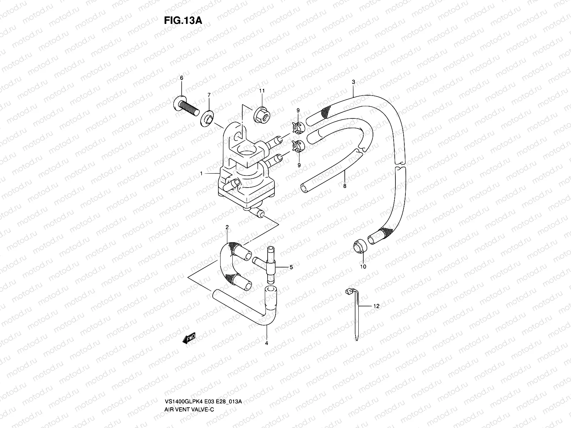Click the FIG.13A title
pos(183,20)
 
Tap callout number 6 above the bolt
pos(181,78)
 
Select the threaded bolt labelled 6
pos(186,106)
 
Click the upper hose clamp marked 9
pos(299,126)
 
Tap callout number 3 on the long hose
pos(353,82)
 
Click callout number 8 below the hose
pos(345,185)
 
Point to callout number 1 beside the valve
pos(202,173)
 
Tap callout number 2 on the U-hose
pos(227,227)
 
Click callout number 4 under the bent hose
pos(266,343)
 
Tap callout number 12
pos(377,306)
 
